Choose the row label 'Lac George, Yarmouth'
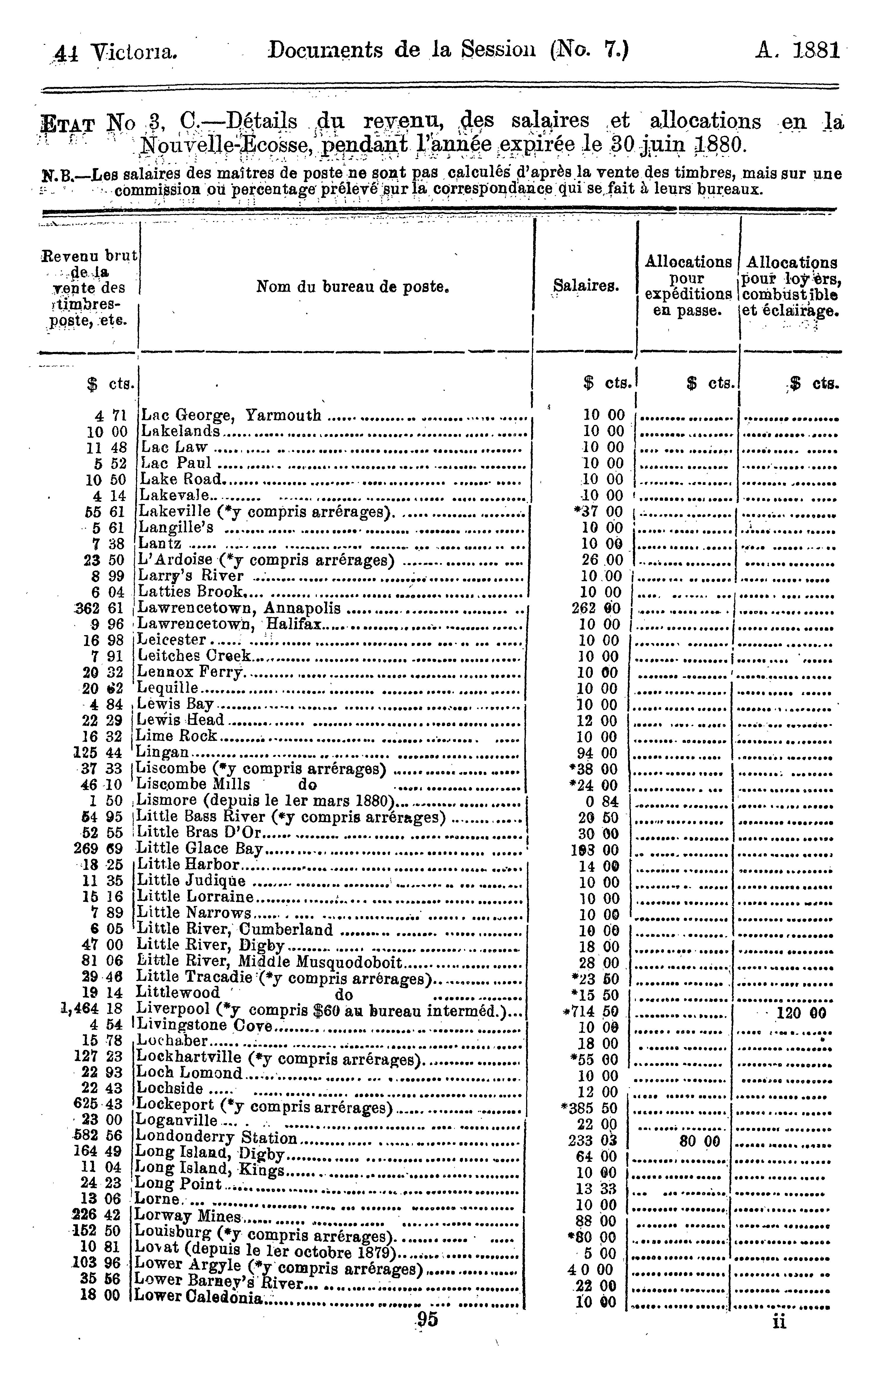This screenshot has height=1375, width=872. (231, 415)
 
